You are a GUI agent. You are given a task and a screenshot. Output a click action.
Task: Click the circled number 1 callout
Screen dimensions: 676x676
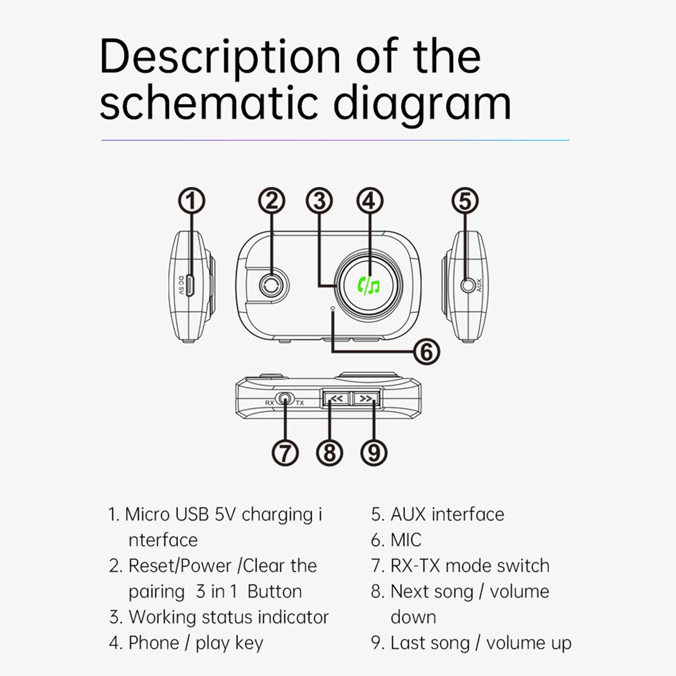coord(191,201)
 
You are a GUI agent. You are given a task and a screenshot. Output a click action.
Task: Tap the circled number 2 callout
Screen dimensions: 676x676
coord(272,201)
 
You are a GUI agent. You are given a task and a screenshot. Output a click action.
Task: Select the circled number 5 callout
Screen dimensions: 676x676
coord(465,201)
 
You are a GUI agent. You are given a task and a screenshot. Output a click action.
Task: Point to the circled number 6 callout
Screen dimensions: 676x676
coord(426,352)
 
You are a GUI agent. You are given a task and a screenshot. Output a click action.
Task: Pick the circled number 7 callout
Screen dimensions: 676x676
coord(285,452)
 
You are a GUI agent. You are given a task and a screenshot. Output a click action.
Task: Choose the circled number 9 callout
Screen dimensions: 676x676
coord(374,452)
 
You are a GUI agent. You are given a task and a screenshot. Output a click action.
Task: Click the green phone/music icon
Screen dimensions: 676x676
coord(368,286)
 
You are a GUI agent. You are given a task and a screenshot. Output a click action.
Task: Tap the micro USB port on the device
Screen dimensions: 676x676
coord(190,286)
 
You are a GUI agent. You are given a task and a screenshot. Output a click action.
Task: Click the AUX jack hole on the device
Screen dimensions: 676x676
coord(467,286)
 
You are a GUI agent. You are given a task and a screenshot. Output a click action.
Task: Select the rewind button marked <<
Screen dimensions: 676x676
coord(337,398)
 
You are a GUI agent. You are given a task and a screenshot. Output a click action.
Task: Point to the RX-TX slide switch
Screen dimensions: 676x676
coord(285,399)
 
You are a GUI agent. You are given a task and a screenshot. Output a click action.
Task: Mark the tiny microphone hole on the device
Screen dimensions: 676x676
coord(333,308)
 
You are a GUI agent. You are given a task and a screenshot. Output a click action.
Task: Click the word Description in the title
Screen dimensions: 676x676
coord(220,57)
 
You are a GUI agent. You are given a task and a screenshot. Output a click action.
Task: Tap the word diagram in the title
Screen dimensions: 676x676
coord(422,104)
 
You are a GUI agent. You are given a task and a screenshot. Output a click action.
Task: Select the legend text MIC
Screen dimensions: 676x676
coord(406,540)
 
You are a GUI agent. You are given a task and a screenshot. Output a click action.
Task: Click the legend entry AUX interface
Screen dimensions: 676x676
coord(447,514)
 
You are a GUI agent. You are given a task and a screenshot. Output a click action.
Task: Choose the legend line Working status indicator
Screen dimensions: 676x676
coord(228,617)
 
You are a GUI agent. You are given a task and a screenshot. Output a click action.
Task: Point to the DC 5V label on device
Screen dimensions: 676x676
coord(181,286)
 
